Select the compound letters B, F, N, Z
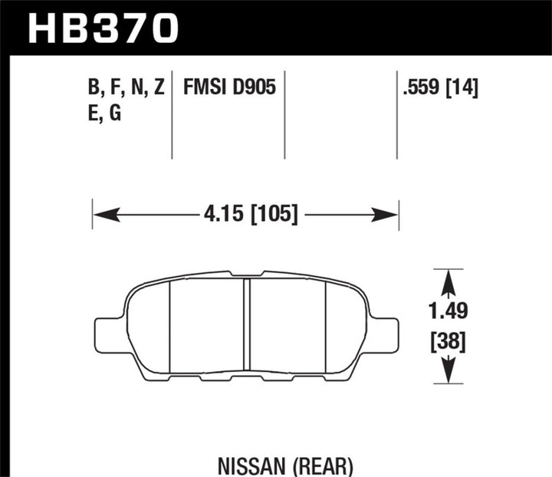click(127, 89)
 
